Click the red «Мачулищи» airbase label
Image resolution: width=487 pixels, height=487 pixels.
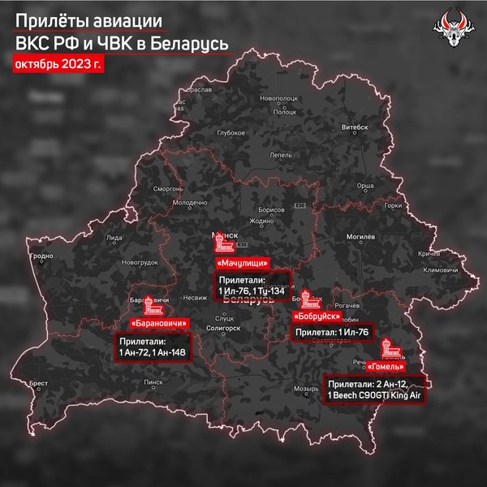point(240,264)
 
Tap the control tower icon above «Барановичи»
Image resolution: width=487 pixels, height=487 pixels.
point(152,306)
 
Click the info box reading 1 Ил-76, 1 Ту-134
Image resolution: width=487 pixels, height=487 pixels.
point(252,285)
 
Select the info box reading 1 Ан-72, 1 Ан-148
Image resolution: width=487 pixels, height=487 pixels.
point(157,347)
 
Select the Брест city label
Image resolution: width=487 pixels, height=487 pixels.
point(39,381)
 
